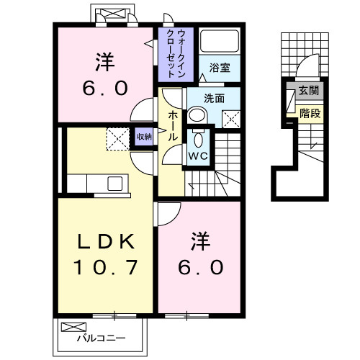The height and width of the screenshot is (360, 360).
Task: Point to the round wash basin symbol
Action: [x=196, y=114]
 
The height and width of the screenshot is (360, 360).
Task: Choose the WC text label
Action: [x=199, y=153]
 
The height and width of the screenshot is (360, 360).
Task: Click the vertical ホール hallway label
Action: [x=174, y=126]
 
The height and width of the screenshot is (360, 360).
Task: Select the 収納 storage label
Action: [x=145, y=135]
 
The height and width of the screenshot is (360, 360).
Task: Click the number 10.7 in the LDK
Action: [x=104, y=268]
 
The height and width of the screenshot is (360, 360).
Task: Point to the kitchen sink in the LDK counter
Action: [x=114, y=184]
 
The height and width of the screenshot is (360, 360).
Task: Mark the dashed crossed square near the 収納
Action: [x=117, y=138]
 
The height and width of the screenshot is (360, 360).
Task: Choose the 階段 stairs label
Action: [x=311, y=112]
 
